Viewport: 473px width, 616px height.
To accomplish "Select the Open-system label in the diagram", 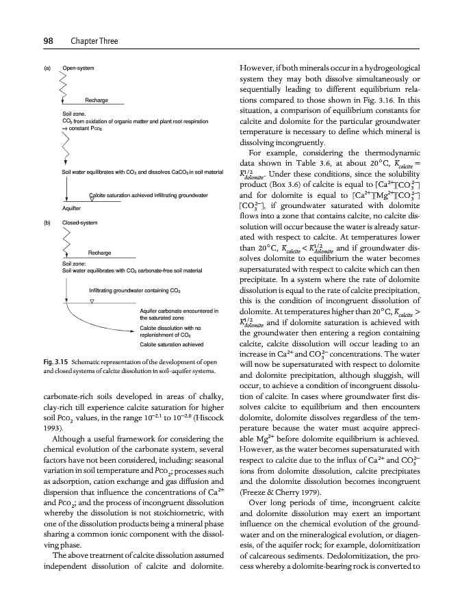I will (79, 69).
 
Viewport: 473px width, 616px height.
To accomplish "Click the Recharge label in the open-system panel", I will (97, 101).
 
